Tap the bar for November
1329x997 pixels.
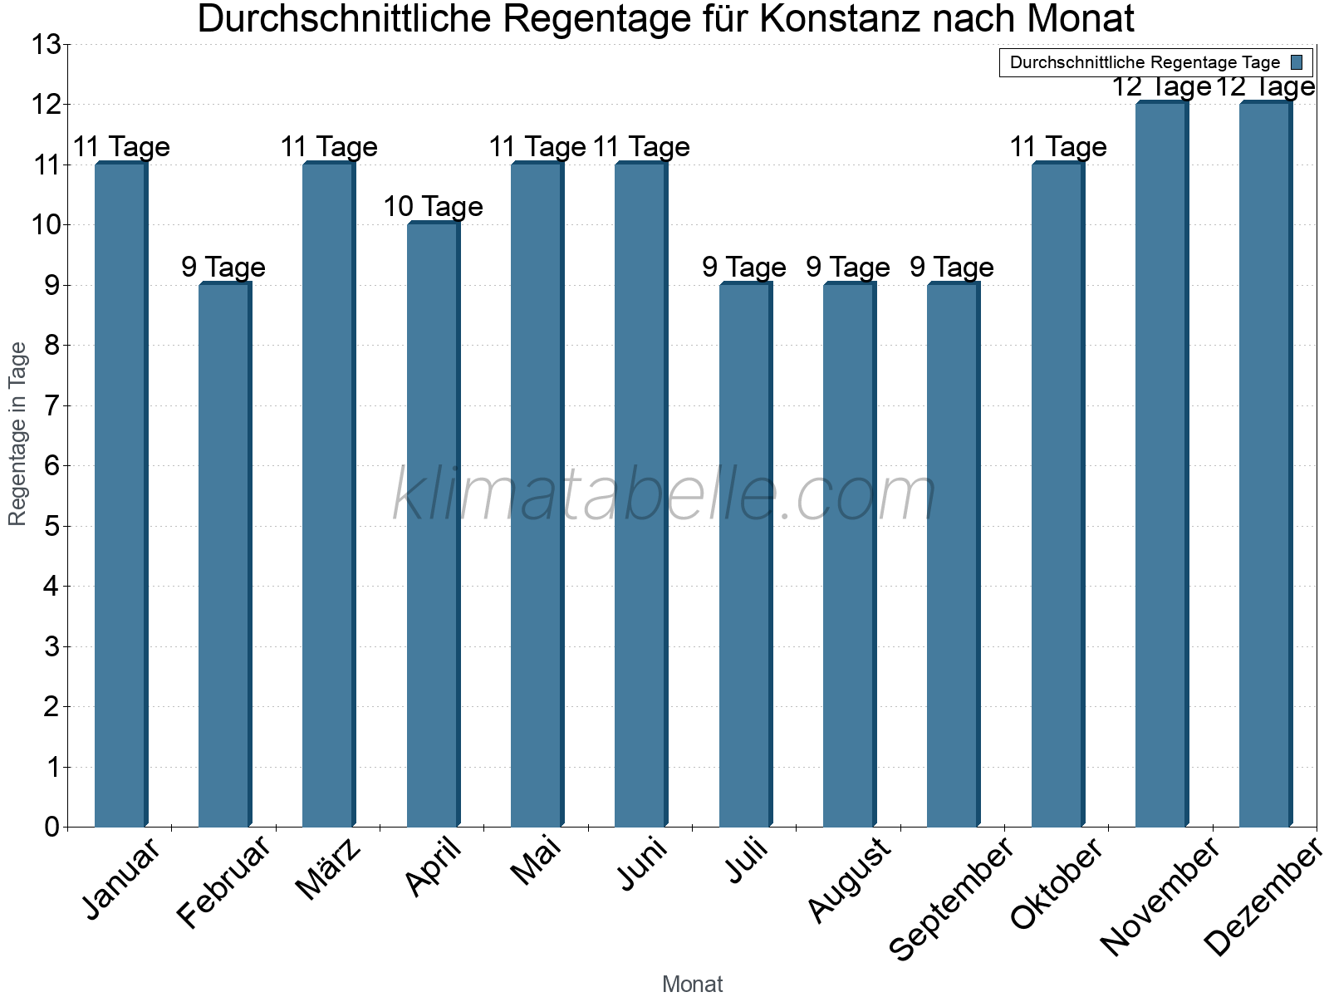pyautogui.click(x=1161, y=464)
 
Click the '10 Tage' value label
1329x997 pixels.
pyautogui.click(x=433, y=206)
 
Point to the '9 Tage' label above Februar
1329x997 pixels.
pyautogui.click(x=223, y=267)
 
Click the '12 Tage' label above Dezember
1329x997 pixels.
pyautogui.click(x=1265, y=86)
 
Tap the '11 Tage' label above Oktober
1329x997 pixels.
pyautogui.click(x=1057, y=147)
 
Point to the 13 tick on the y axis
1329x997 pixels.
pyautogui.click(x=47, y=45)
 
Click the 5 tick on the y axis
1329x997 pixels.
pyautogui.click(x=52, y=526)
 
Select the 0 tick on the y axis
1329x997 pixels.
pyautogui.click(x=52, y=827)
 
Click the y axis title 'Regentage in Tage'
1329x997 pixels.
pyautogui.click(x=17, y=434)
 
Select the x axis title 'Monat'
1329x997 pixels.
pyautogui.click(x=692, y=984)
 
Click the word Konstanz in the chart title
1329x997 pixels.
pyautogui.click(x=841, y=18)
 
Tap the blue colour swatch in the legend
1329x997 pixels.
pyautogui.click(x=1297, y=62)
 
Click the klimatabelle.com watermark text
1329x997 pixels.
pyautogui.click(x=664, y=495)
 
